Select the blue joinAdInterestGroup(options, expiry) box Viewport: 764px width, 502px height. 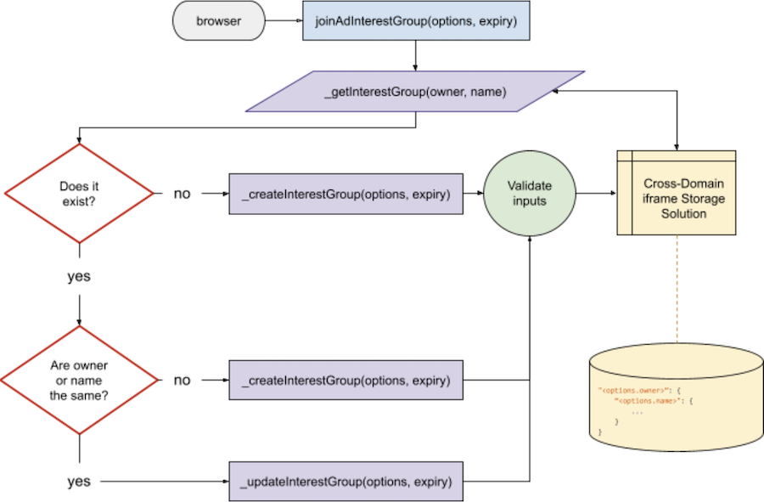pyautogui.click(x=416, y=21)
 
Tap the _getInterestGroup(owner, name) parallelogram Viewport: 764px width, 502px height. pyautogui.click(x=415, y=92)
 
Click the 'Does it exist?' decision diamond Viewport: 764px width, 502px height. pyautogui.click(x=78, y=193)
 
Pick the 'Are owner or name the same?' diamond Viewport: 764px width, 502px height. pyautogui.click(x=78, y=381)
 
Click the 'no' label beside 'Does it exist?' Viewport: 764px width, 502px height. pyautogui.click(x=182, y=194)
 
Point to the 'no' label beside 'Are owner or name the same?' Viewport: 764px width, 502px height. pyautogui.click(x=182, y=381)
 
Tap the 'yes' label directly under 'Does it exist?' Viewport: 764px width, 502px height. pyautogui.click(x=78, y=277)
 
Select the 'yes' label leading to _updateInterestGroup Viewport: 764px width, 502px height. pyautogui.click(x=78, y=482)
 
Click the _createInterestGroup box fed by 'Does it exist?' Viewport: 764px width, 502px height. pyautogui.click(x=346, y=194)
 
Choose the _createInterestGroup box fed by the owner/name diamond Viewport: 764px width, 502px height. pyautogui.click(x=346, y=381)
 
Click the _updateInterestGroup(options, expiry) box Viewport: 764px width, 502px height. pyautogui.click(x=346, y=482)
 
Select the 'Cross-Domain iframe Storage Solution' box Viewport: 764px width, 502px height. pyautogui.click(x=676, y=194)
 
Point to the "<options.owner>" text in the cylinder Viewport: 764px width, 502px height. pyautogui.click(x=633, y=389)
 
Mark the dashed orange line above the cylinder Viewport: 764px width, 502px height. pyautogui.click(x=676, y=289)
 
